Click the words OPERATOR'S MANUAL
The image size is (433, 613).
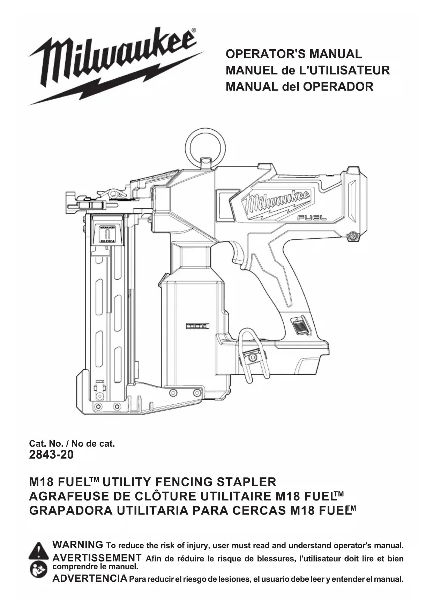tap(294, 54)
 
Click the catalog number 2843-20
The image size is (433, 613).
tap(51, 455)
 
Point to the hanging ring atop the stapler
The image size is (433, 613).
tap(205, 145)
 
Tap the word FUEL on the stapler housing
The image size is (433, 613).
tap(312, 218)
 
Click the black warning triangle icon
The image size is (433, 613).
tap(39, 551)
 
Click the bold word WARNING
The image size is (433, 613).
tap(77, 545)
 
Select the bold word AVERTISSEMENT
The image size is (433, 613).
tap(97, 558)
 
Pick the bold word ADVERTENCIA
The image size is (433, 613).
tap(90, 579)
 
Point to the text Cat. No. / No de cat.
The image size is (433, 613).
tap(72, 443)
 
